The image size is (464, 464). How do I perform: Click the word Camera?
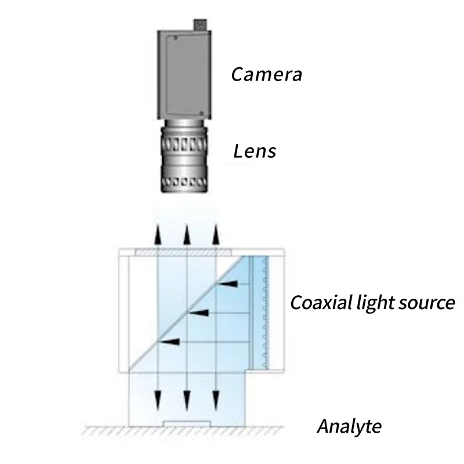[x=266, y=74]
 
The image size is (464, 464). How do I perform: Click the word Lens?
[x=254, y=152]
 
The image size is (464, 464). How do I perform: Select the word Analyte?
[x=349, y=427]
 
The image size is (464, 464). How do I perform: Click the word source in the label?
[x=425, y=303]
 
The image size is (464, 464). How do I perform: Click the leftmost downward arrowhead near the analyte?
[x=157, y=399]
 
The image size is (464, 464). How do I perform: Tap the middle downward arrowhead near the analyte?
[x=186, y=399]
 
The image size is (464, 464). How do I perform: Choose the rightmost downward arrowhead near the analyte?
[x=216, y=399]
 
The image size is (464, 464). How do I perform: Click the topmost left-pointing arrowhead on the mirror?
[x=229, y=284]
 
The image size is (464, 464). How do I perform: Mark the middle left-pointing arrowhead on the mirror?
[x=200, y=313]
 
